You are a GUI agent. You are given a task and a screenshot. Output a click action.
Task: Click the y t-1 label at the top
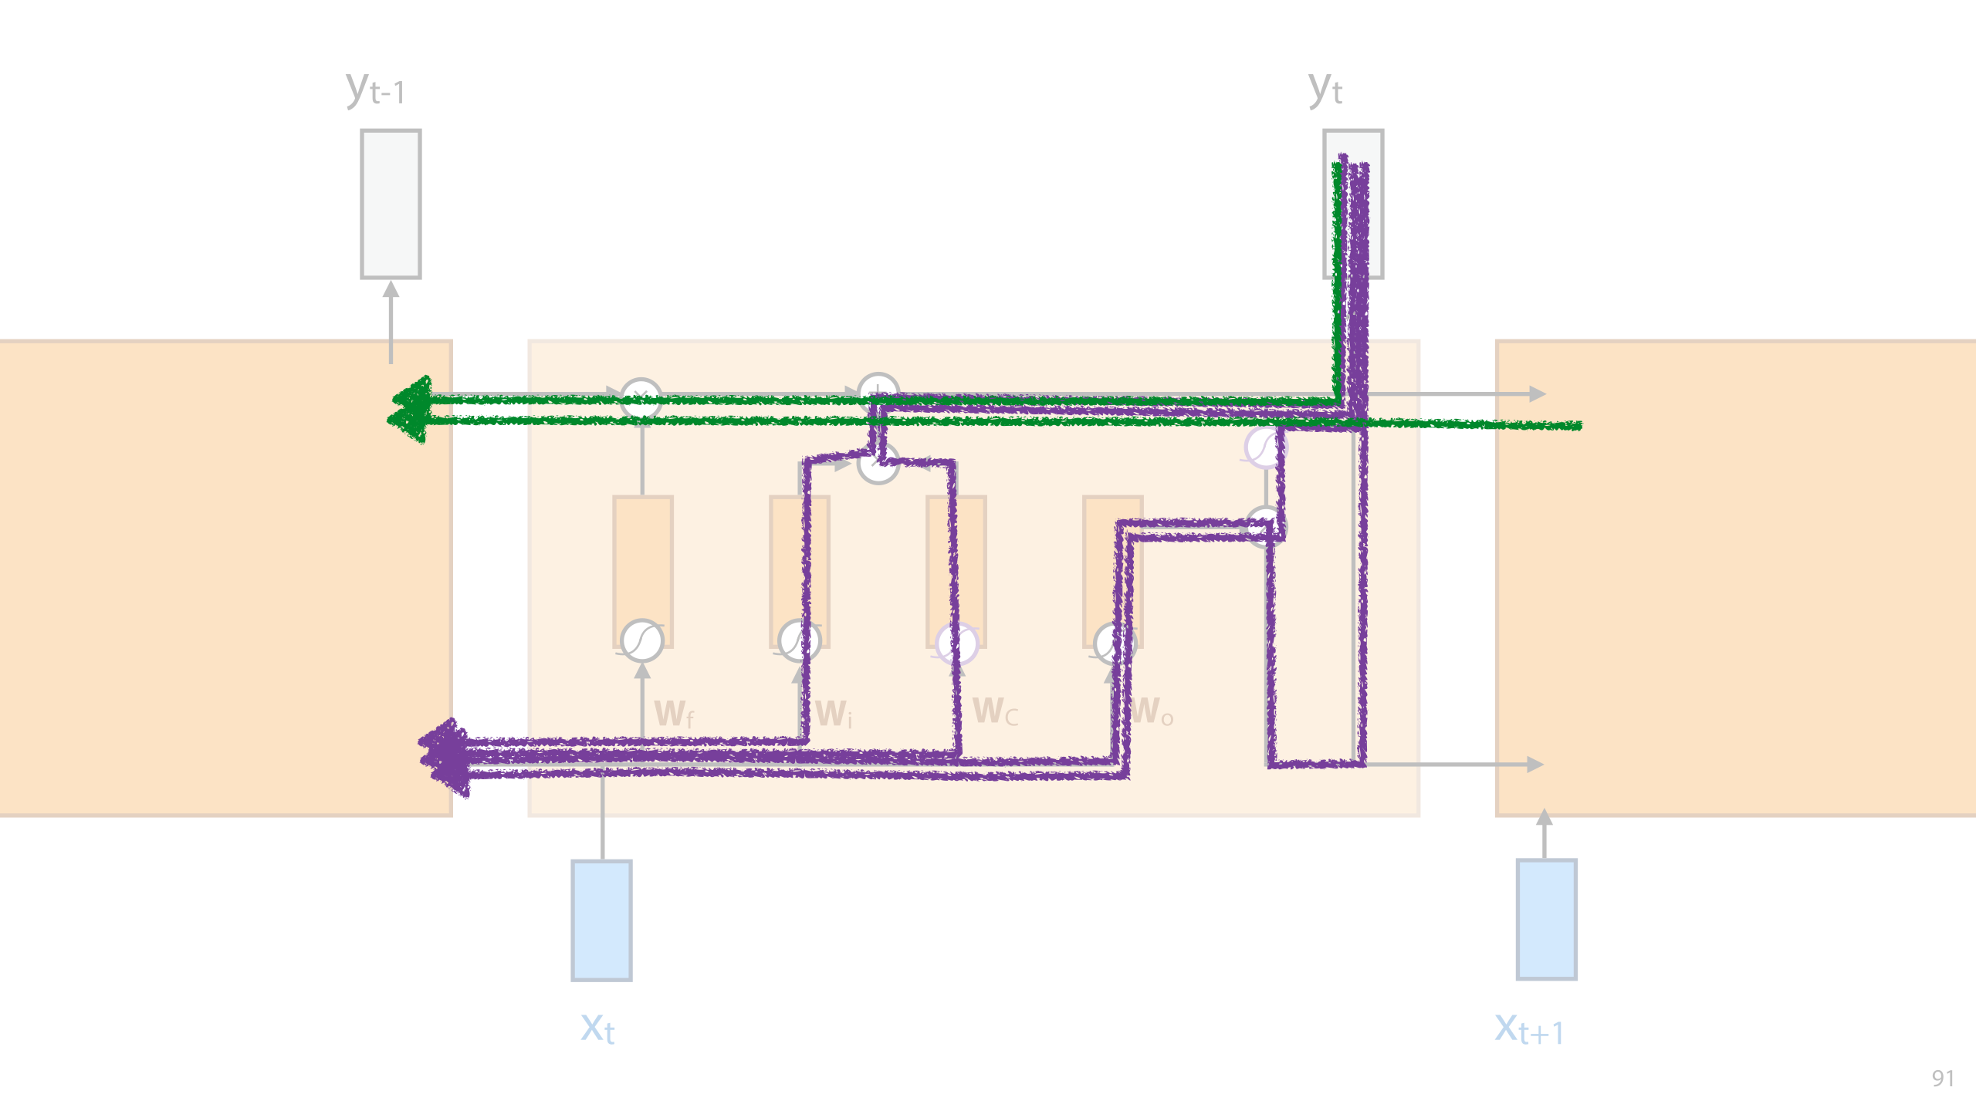[x=376, y=89]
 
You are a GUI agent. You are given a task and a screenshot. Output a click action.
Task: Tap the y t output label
[x=1325, y=89]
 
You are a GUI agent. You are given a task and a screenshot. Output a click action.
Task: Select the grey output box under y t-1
[x=391, y=204]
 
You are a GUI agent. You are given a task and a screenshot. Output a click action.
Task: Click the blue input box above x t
[x=601, y=920]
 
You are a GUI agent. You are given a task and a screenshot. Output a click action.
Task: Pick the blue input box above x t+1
[x=1546, y=920]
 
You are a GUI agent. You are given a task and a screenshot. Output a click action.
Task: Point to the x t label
[x=597, y=1029]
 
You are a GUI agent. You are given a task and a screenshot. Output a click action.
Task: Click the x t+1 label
[x=1529, y=1030]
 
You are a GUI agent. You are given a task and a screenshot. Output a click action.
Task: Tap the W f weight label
[x=674, y=714]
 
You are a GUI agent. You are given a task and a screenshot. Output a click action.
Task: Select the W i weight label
[x=834, y=714]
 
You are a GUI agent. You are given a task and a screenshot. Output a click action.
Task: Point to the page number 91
[x=1943, y=1078]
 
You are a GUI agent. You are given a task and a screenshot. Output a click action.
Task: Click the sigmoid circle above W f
[x=642, y=640]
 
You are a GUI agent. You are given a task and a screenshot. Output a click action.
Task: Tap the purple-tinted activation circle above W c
[x=957, y=643]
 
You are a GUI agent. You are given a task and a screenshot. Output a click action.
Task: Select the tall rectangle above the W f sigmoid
[x=642, y=555]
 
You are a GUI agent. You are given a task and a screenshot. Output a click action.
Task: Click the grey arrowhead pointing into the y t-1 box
[x=391, y=289]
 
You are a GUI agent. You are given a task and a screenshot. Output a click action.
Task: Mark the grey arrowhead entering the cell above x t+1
[x=1544, y=817]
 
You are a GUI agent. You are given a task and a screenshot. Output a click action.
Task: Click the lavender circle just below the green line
[x=1264, y=447]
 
